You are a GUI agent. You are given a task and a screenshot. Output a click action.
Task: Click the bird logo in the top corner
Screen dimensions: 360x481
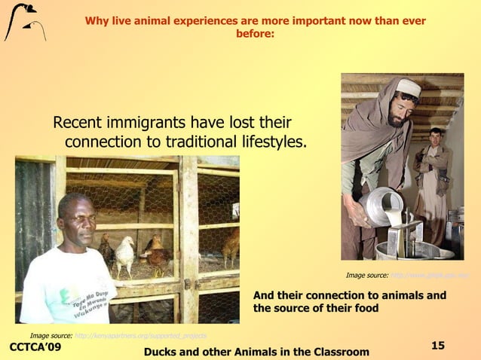tap(24, 22)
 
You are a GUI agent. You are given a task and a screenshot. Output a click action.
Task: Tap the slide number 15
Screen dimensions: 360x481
tap(438, 345)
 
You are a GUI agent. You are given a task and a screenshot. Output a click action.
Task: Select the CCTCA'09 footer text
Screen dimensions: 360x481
tap(35, 347)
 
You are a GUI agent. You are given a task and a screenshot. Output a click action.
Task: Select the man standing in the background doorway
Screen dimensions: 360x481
tap(434, 181)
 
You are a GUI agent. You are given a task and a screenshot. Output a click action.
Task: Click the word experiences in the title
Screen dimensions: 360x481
tap(212, 20)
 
